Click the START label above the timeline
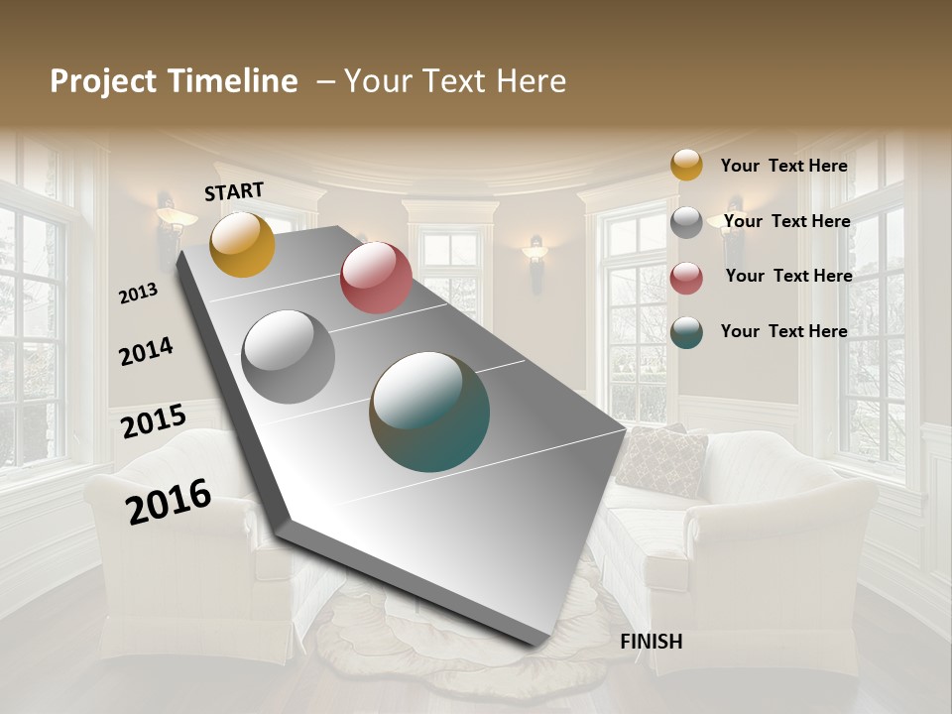(x=234, y=191)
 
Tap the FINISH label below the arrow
(x=652, y=642)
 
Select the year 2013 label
(x=138, y=294)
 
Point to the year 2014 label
(x=146, y=351)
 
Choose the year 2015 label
(x=154, y=421)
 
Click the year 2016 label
(x=169, y=501)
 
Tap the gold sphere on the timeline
(x=242, y=244)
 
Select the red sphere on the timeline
(x=376, y=277)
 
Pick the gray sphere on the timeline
(x=289, y=356)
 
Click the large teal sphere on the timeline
(x=429, y=411)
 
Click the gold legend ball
(x=686, y=165)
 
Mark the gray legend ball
(x=686, y=221)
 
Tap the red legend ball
(x=686, y=277)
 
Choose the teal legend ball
(x=686, y=332)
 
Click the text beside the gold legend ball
(x=784, y=166)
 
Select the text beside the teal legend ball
(x=784, y=331)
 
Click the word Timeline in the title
(x=233, y=81)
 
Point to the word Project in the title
(x=105, y=81)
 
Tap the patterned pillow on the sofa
(x=660, y=460)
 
